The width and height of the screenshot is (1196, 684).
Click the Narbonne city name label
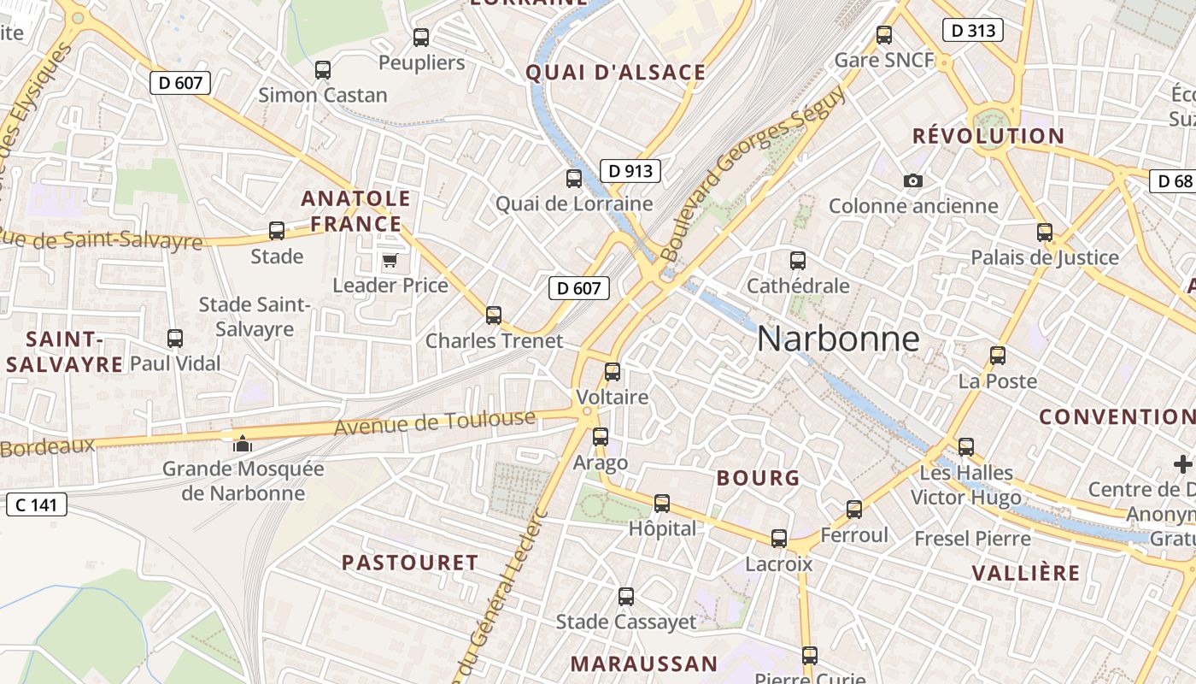(x=838, y=339)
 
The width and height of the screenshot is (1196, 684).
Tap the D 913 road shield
(x=630, y=171)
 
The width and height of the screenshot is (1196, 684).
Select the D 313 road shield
(x=972, y=31)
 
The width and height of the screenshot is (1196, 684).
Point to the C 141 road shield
(x=36, y=504)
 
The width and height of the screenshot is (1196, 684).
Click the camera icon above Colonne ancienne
(x=913, y=181)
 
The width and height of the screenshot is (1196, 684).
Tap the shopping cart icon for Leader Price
(x=390, y=260)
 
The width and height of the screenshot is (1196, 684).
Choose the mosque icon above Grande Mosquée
(x=243, y=444)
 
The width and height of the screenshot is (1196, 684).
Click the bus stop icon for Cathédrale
(x=798, y=261)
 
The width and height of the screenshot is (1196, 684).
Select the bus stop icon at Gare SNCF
(x=884, y=36)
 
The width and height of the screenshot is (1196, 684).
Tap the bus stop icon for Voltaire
(x=613, y=372)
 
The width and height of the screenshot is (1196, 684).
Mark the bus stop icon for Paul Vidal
(x=175, y=339)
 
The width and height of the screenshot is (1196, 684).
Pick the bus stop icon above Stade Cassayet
(x=626, y=597)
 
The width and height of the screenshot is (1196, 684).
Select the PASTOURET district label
(x=410, y=563)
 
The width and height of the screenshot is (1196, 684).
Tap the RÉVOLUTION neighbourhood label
(x=988, y=136)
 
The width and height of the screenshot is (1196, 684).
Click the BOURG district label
(x=759, y=478)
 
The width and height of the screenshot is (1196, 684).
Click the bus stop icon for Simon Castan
(x=323, y=70)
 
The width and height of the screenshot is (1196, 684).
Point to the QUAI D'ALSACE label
(x=616, y=73)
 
